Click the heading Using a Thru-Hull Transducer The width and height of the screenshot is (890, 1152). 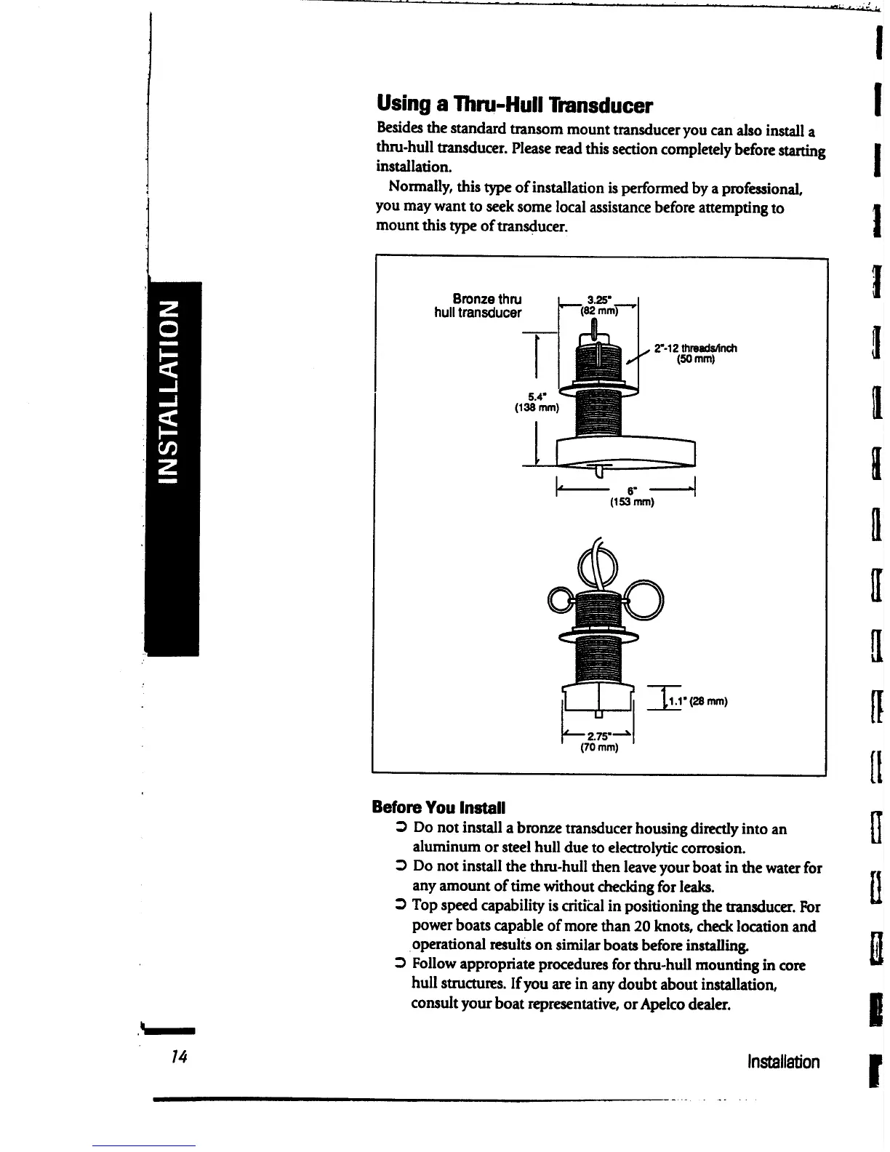point(515,106)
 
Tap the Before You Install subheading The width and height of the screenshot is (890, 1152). point(438,807)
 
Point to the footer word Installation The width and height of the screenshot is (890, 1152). point(783,1062)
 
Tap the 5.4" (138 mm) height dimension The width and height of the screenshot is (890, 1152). point(537,402)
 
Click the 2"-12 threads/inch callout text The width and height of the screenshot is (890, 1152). point(695,353)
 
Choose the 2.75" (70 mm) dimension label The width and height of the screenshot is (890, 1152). point(598,740)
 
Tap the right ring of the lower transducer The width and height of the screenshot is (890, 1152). point(644,598)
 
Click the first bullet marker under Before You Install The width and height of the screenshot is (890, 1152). point(400,828)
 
